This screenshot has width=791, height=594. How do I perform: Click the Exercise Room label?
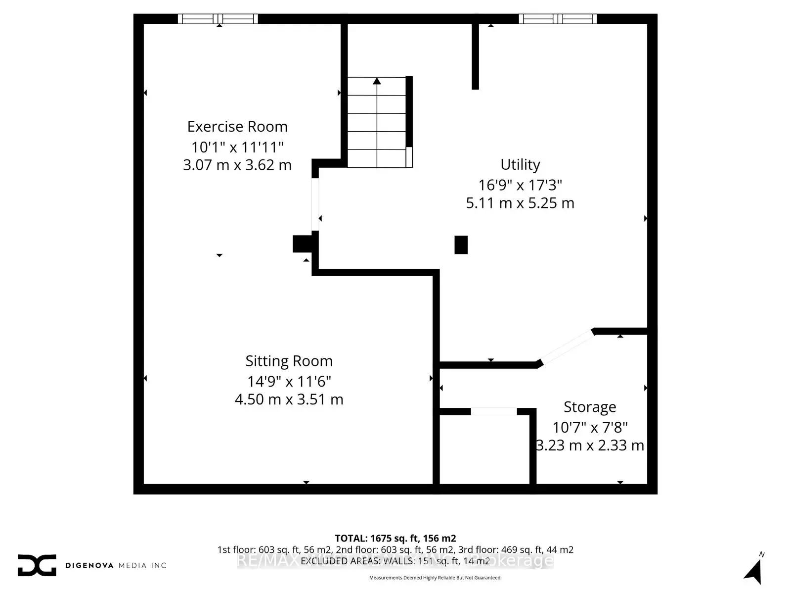pos(237,127)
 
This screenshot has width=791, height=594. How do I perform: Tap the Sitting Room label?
pos(289,361)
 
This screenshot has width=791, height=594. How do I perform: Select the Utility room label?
pos(520,164)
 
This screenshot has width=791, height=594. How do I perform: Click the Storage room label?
pos(590,407)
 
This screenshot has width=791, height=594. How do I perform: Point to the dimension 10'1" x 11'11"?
pos(237,147)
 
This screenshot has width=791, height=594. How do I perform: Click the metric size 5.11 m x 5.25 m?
pos(520,203)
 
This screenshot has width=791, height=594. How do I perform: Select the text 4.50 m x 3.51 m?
pos(289,399)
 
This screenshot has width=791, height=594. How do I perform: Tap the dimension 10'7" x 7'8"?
pos(590,427)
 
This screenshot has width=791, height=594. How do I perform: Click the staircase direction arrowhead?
pos(377,81)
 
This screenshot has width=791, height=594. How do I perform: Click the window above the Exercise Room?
pos(218,19)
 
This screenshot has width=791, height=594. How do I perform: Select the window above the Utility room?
pos(558,19)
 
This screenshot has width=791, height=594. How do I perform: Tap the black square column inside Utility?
pos(461,245)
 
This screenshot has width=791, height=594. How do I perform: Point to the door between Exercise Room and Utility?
pos(315,204)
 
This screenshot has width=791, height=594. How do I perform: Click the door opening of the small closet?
pos(493,411)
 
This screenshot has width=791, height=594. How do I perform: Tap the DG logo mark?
pos(37,565)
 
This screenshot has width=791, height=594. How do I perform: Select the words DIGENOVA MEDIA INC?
pos(116,565)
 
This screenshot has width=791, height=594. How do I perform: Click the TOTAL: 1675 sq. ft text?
pos(395,538)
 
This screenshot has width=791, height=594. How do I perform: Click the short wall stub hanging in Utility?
pos(475,56)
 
